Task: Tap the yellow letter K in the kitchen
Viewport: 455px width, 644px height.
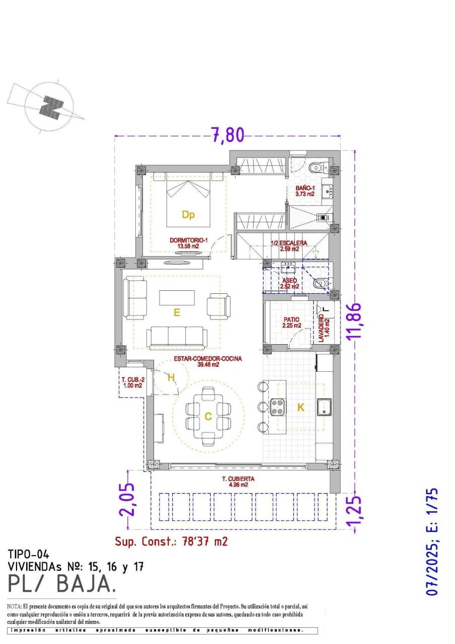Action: coord(300,408)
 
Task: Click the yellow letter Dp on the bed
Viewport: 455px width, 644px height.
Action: coord(188,215)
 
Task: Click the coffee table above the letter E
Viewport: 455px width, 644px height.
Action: coord(177,298)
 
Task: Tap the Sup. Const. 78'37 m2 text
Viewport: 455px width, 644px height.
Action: coord(171,541)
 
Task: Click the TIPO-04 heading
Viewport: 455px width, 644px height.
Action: coord(28,555)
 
